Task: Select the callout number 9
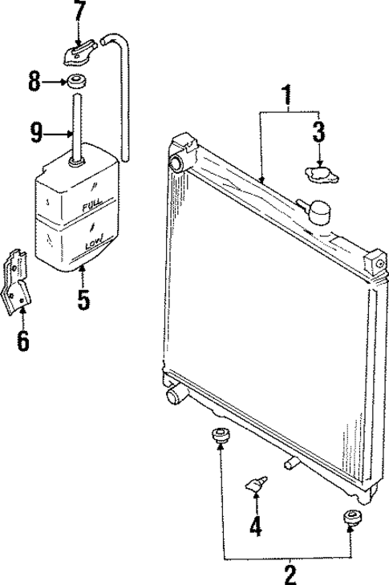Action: [x=35, y=131]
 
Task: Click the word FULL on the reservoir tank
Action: [x=90, y=207]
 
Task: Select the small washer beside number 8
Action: [x=78, y=82]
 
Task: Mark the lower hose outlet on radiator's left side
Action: [x=175, y=394]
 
